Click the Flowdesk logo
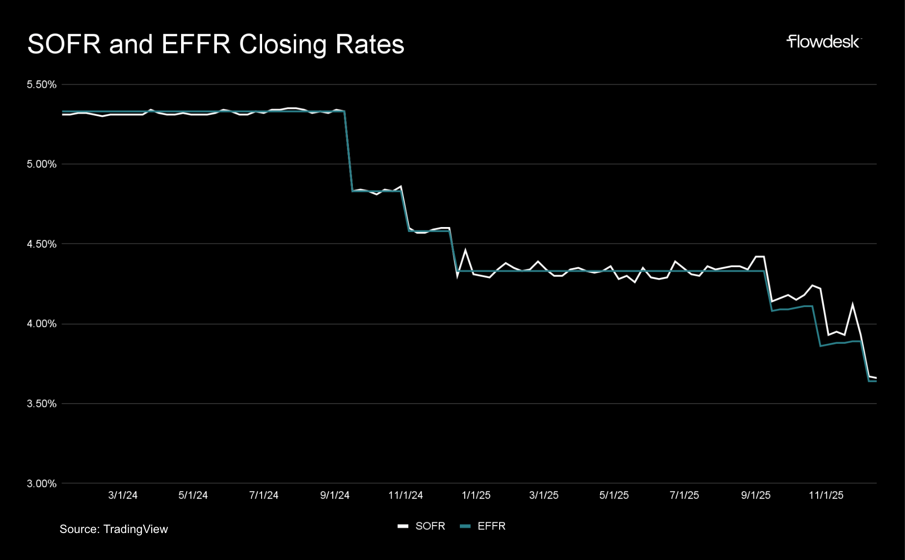coord(823,42)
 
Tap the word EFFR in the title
coord(196,44)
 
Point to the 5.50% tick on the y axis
coord(42,84)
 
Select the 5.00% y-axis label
coord(42,164)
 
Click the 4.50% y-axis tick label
coord(42,244)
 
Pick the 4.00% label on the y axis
coord(42,324)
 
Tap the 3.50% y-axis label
coord(42,404)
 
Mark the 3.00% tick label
coord(42,484)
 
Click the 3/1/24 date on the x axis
coord(123,495)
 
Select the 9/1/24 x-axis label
coord(335,495)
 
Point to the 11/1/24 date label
coord(405,495)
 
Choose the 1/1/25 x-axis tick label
coord(476,495)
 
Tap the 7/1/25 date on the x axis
coord(684,495)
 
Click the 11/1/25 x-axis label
coord(826,495)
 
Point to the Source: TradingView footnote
coord(114,529)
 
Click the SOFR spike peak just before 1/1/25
coord(465,251)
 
